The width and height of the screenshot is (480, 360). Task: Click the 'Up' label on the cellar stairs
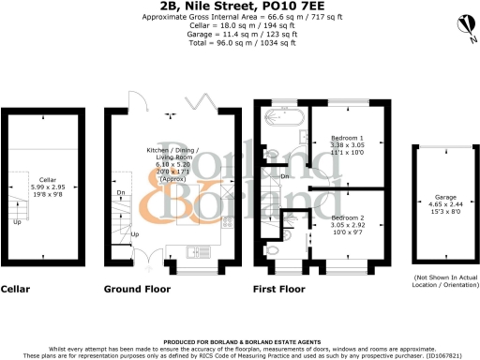click(16, 223)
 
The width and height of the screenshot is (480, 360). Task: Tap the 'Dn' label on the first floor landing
click(284, 175)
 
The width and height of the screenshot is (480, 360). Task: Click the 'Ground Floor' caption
click(137, 289)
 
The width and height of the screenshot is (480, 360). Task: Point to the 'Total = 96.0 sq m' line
click(239, 42)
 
